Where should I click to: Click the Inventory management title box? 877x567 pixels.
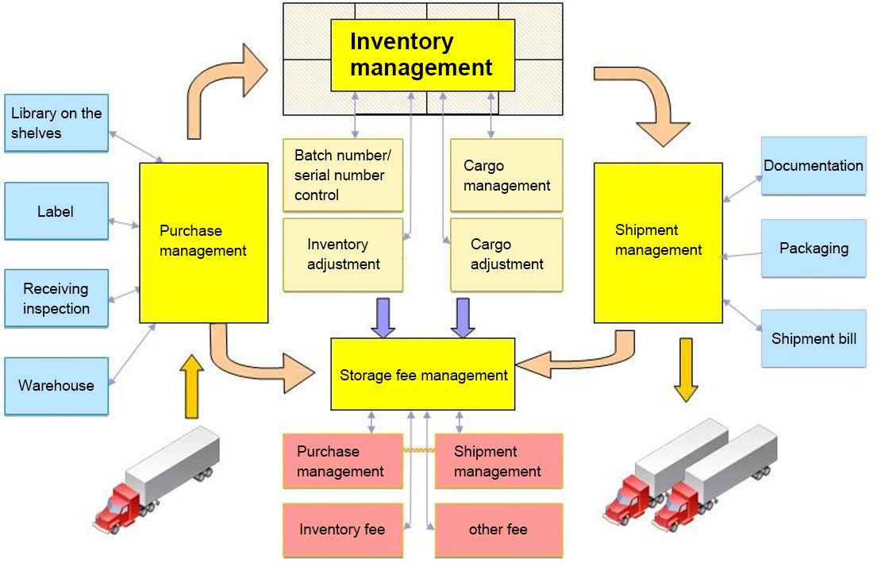(422, 54)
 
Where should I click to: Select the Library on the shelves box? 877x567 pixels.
(56, 123)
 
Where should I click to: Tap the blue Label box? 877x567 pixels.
(56, 211)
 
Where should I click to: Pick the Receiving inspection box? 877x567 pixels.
(56, 299)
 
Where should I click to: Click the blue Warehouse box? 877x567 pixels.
(56, 386)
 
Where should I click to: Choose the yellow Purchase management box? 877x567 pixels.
(203, 242)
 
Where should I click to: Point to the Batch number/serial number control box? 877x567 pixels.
(343, 175)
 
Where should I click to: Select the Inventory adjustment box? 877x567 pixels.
(343, 254)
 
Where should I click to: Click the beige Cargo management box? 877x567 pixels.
(506, 175)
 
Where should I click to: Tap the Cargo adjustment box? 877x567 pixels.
(506, 254)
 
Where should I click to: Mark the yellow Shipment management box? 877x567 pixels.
(658, 242)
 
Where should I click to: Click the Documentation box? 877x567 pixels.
(814, 166)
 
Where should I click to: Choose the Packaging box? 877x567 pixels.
(814, 249)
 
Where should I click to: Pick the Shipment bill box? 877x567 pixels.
(814, 339)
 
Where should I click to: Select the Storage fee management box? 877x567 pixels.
(423, 375)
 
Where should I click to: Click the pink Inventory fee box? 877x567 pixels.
(343, 530)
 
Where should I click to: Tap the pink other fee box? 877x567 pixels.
(498, 530)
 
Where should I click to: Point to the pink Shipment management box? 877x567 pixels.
(498, 461)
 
